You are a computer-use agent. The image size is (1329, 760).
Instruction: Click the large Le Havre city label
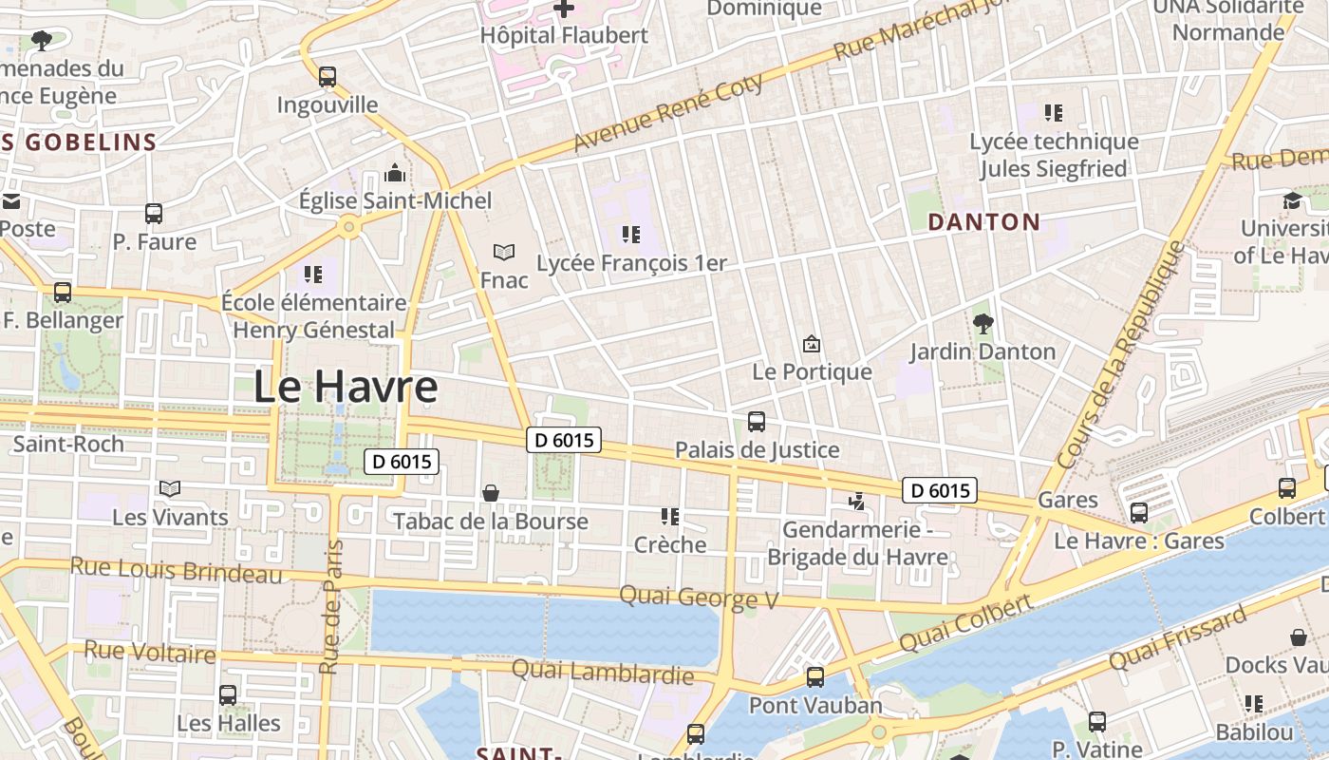tap(346, 387)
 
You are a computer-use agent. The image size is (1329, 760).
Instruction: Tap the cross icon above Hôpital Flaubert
tap(564, 9)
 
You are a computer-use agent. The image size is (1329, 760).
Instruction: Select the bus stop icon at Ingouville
tap(328, 77)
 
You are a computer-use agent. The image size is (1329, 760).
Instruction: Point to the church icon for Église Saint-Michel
tap(395, 173)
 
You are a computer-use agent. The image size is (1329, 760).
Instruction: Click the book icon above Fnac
tap(503, 252)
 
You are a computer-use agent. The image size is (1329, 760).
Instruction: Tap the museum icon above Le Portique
tap(812, 344)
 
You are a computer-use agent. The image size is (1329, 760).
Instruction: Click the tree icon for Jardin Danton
tap(983, 324)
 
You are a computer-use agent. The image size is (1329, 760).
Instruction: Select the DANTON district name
tap(983, 222)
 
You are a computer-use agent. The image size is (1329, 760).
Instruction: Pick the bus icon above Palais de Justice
tap(757, 422)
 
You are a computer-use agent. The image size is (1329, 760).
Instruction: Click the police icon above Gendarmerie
tap(857, 501)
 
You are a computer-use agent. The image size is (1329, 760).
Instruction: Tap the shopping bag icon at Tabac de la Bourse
tap(491, 493)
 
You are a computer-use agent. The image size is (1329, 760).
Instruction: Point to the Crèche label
tap(670, 544)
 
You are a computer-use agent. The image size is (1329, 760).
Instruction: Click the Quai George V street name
tap(699, 598)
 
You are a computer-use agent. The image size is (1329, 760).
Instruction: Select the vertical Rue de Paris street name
tap(330, 607)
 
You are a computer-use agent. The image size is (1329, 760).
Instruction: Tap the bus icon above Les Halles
tap(228, 695)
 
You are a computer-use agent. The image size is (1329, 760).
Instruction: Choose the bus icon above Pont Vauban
tap(815, 677)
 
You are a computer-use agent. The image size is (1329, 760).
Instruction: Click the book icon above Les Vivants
tap(170, 489)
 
